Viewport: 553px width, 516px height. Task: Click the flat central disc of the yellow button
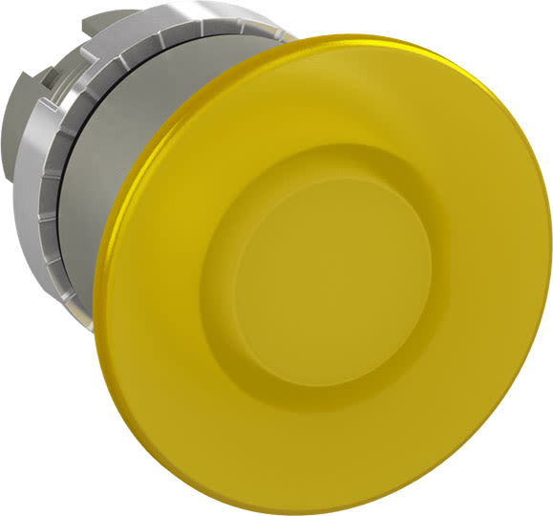(x=330, y=277)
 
